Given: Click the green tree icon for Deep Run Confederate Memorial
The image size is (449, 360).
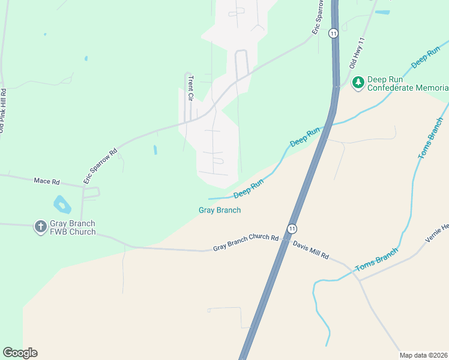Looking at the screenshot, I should pyautogui.click(x=358, y=82).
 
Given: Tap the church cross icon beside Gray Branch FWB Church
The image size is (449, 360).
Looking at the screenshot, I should pyautogui.click(x=40, y=227).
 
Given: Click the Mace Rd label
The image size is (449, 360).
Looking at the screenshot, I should pyautogui.click(x=47, y=181).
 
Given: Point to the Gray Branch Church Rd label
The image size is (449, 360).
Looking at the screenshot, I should pyautogui.click(x=246, y=243).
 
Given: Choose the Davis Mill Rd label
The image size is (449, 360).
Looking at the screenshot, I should pyautogui.click(x=311, y=250).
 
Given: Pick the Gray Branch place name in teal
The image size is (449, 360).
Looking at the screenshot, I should pyautogui.click(x=220, y=210).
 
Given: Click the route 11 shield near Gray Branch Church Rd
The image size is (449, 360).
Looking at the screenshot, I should pyautogui.click(x=292, y=229).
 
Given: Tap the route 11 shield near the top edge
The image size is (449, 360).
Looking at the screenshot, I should pyautogui.click(x=334, y=33).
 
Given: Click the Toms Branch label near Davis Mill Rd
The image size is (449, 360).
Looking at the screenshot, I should pyautogui.click(x=376, y=260).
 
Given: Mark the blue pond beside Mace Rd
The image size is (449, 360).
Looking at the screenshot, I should pyautogui.click(x=62, y=205).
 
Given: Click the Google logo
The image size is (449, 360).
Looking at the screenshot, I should pyautogui.click(x=20, y=353).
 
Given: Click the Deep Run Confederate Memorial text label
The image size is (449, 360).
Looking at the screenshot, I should pyautogui.click(x=408, y=83).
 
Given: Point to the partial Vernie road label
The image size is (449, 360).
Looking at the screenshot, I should pyautogui.click(x=437, y=233).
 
